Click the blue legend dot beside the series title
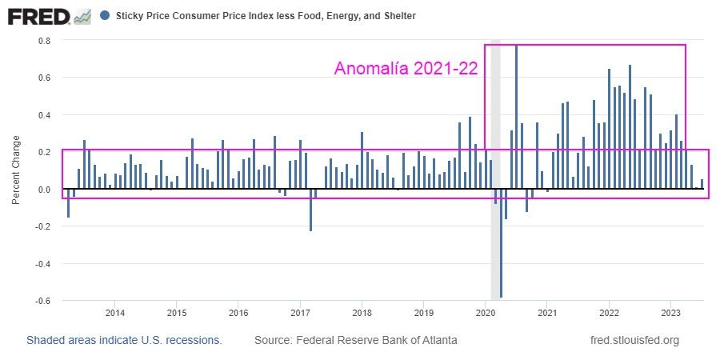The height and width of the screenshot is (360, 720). click(106, 15)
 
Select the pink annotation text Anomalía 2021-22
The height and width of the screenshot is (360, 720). click(406, 69)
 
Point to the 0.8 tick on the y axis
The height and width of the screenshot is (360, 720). click(45, 41)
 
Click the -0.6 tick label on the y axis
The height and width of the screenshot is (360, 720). click(43, 301)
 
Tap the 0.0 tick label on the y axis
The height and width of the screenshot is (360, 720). click(45, 190)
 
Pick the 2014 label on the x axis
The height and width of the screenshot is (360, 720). click(114, 312)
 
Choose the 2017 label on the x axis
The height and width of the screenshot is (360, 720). click(300, 312)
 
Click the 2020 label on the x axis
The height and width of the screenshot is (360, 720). click(486, 312)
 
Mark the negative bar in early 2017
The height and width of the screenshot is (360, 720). click(310, 210)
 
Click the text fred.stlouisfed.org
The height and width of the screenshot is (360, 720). click(634, 340)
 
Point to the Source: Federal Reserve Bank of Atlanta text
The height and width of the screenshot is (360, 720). click(356, 340)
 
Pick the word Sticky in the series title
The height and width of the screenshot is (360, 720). click(130, 16)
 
